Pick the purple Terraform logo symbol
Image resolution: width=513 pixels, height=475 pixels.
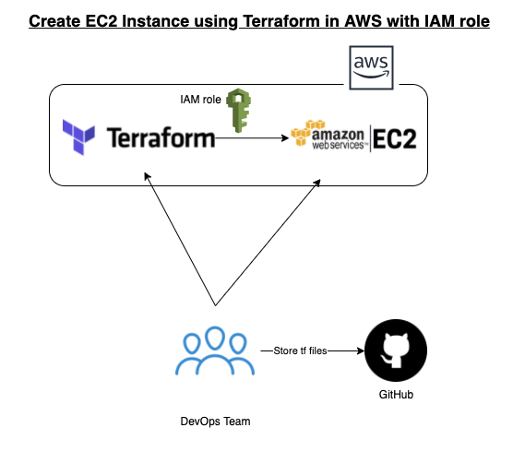tap(78, 138)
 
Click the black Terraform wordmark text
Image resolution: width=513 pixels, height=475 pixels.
tap(161, 138)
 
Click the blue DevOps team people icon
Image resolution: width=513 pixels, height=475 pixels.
tap(213, 351)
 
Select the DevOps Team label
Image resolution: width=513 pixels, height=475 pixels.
tap(214, 422)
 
